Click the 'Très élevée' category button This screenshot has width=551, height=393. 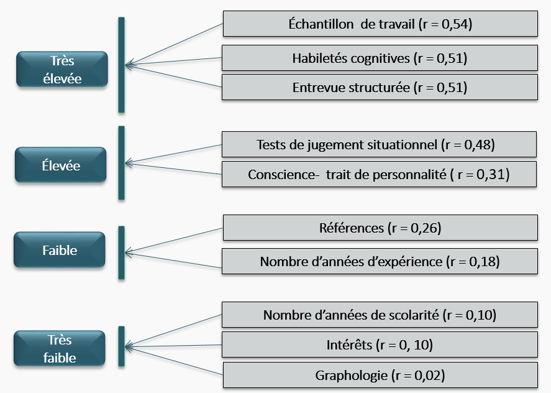[62, 69]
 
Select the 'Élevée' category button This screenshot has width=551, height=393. [60, 165]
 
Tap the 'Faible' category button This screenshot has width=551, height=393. [60, 250]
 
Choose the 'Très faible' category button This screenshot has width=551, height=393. [60, 348]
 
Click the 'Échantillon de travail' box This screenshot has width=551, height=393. [380, 24]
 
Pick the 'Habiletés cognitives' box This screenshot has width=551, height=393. [380, 58]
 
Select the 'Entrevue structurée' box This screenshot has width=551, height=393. [380, 87]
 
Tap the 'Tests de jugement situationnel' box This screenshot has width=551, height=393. [379, 144]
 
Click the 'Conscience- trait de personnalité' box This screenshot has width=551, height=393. [379, 174]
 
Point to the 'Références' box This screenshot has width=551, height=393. [380, 228]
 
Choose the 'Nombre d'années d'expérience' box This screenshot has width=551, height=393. [380, 261]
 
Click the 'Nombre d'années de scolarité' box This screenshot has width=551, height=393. [380, 315]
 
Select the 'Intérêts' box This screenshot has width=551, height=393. [380, 344]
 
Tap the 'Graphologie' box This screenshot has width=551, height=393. [380, 375]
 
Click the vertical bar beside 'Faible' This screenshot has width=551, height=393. [122, 252]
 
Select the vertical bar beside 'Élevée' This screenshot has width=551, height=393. [122, 163]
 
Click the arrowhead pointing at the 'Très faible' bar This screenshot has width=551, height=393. [128, 346]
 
